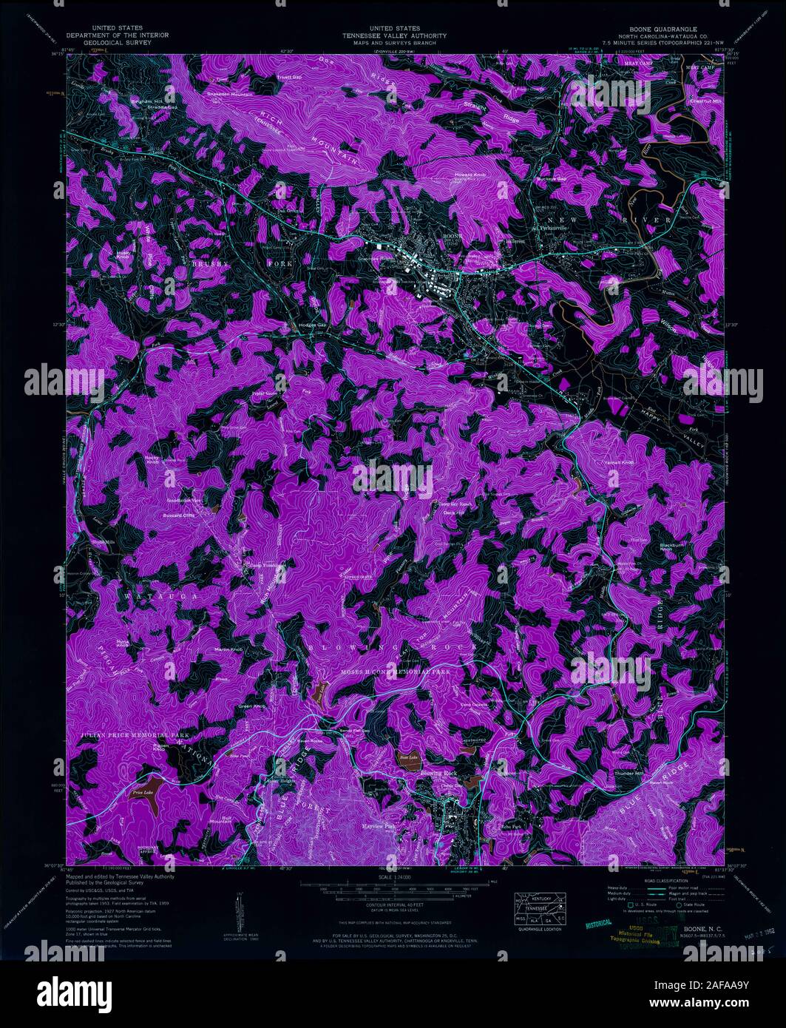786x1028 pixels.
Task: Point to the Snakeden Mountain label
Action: point(229,95)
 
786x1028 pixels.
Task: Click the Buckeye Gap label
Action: point(551,180)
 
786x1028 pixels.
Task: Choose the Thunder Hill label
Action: point(629,774)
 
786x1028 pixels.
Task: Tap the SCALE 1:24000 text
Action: point(393,878)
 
